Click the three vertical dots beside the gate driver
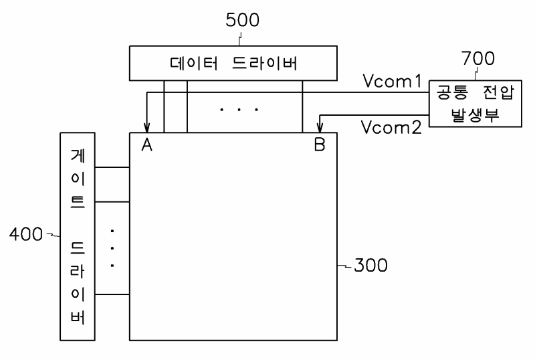tap(112, 248)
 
